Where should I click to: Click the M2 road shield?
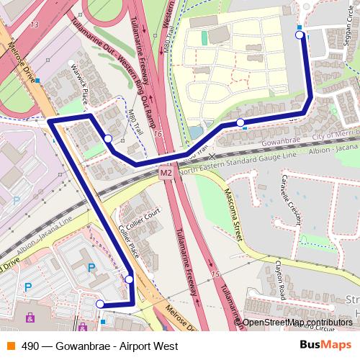pyautogui.click(x=166, y=173)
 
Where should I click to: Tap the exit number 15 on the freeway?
pyautogui.click(x=215, y=274)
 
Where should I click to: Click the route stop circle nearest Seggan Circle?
pyautogui.click(x=300, y=35)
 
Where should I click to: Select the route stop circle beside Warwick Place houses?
pyautogui.click(x=108, y=138)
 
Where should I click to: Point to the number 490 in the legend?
pyautogui.click(x=31, y=346)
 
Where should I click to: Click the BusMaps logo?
pyautogui.click(x=326, y=345)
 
